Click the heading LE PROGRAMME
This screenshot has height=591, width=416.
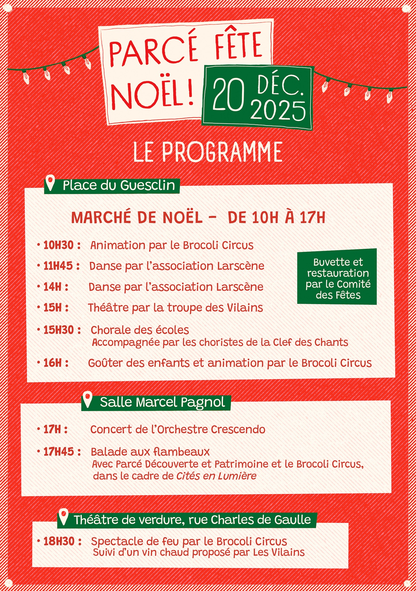click(x=208, y=152)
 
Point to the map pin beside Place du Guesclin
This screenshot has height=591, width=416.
click(x=51, y=183)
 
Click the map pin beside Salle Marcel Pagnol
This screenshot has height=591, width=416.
click(x=88, y=399)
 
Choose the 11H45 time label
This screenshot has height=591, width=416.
click(x=58, y=266)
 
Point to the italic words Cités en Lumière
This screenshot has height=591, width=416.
click(x=216, y=476)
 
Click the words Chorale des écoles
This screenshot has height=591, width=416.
click(x=140, y=330)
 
